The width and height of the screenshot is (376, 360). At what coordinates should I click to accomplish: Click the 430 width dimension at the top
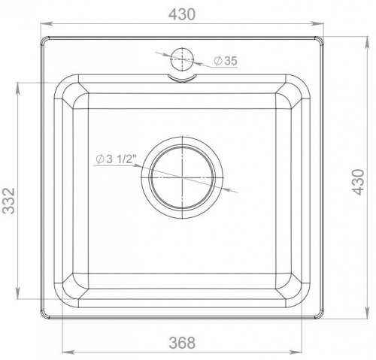[182, 14]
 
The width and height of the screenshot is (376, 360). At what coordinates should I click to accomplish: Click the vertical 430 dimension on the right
[358, 182]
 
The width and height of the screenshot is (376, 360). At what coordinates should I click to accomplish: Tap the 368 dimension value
[182, 343]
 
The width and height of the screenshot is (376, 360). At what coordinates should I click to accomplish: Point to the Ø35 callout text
[226, 61]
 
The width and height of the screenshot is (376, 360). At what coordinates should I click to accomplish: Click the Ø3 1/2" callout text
[117, 159]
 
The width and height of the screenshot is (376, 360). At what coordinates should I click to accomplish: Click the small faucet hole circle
[182, 59]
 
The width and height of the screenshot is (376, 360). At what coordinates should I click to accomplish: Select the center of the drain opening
[182, 177]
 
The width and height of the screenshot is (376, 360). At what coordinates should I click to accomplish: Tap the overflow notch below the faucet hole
[182, 78]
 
